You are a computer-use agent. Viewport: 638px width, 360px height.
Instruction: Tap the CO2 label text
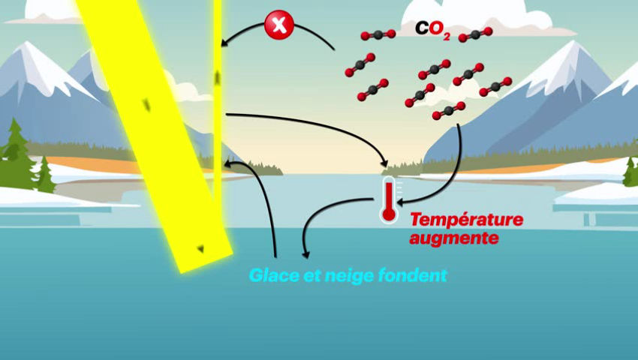click(432, 29)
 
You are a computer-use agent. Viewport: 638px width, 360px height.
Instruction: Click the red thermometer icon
click(388, 201)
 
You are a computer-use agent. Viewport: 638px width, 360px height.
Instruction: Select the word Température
click(455, 220)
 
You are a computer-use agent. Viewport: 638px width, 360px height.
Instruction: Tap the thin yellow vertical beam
click(217, 112)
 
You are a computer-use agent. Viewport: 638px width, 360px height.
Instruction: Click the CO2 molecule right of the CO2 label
click(475, 34)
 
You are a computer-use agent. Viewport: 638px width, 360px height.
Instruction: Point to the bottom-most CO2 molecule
click(448, 111)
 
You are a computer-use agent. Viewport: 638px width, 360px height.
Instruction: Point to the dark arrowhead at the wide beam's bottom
click(200, 248)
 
